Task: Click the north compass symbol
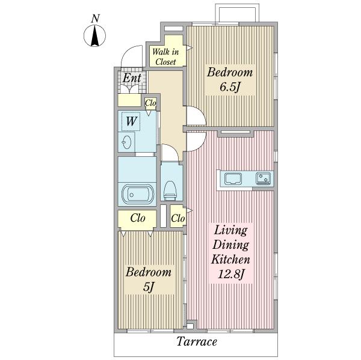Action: pos(94,36)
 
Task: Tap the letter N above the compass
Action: pos(95,19)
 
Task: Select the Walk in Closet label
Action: pos(165,56)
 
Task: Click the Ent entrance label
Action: pos(132,78)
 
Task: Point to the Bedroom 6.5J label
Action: pos(230,79)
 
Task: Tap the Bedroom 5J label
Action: pos(149,279)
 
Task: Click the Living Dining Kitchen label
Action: pos(230,252)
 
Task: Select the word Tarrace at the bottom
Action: pos(197,341)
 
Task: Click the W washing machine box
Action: pos(131,121)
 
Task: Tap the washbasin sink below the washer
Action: pos(126,142)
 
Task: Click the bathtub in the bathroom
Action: pos(137,195)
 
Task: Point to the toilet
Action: pos(170,191)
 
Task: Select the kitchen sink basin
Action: pos(233,178)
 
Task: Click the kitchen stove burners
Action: pos(264,178)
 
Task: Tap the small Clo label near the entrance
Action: pos(150,103)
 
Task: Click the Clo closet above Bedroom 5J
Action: pos(137,218)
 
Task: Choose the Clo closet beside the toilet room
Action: pos(178,218)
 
